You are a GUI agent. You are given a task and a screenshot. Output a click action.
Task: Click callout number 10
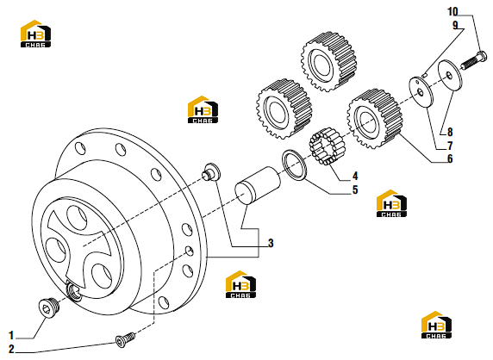(452, 12)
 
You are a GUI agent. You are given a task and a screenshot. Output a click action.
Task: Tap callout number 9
(455, 25)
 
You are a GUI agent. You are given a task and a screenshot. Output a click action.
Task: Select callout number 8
(450, 132)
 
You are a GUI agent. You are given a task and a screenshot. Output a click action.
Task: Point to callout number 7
(450, 146)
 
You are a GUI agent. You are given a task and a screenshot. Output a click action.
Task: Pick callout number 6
(450, 159)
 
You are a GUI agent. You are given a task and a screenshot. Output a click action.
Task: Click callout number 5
(355, 189)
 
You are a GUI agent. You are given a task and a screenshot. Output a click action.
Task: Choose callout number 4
(355, 176)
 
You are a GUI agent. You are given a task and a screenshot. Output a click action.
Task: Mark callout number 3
(271, 243)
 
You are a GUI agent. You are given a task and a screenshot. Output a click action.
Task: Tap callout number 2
(11, 349)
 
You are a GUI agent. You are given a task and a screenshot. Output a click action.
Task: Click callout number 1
(11, 335)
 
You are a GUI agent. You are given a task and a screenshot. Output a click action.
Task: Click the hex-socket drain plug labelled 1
(48, 307)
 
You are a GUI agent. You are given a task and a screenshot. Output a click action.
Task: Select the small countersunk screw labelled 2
(125, 339)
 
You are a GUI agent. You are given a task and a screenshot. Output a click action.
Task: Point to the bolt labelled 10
(474, 60)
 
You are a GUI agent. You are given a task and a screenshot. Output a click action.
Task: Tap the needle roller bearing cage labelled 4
(327, 146)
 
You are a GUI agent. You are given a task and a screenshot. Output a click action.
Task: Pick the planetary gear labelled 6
(374, 119)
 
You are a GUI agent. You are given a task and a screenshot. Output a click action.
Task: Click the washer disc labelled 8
(450, 75)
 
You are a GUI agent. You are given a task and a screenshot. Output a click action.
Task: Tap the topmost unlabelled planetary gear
(329, 61)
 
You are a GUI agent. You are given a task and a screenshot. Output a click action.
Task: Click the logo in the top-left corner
(35, 34)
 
